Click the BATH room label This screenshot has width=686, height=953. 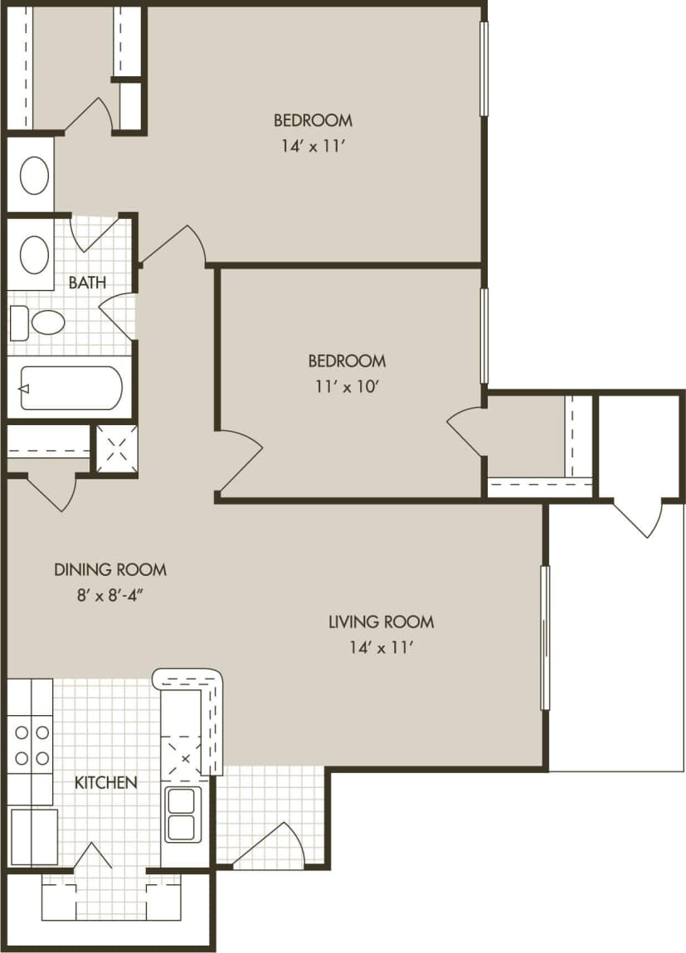tap(87, 283)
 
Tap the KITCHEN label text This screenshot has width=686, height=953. tap(106, 782)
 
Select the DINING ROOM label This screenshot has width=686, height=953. tap(110, 570)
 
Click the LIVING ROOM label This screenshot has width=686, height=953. tap(381, 622)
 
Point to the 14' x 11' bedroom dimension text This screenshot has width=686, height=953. tap(313, 150)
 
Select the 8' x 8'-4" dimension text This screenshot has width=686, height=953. tap(110, 595)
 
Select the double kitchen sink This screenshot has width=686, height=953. tap(181, 814)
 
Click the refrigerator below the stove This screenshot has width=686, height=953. tap(33, 835)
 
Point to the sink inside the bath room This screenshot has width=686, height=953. tap(34, 254)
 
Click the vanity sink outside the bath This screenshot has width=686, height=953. tap(34, 175)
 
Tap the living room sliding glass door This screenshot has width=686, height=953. tap(545, 638)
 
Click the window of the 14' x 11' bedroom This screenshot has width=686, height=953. tap(484, 68)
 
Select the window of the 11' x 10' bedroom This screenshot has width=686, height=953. tap(484, 336)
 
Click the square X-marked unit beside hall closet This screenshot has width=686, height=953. tap(115, 449)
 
